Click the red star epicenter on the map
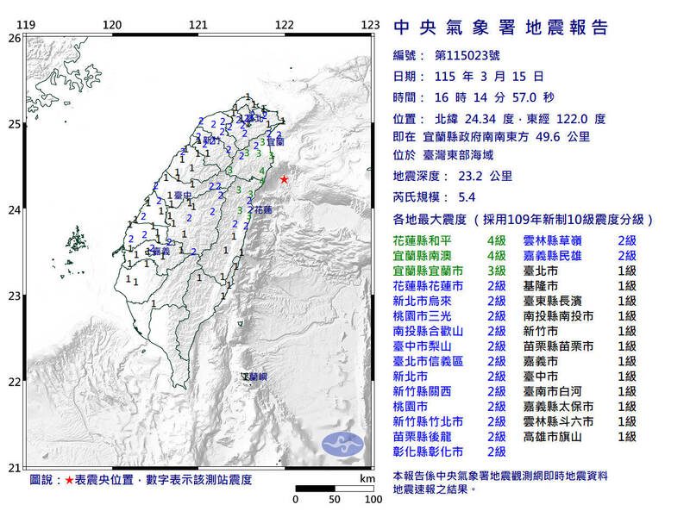point(284,179)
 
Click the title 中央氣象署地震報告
point(500,28)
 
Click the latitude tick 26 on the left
point(14,39)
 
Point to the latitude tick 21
point(14,468)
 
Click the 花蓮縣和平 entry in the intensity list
point(429,240)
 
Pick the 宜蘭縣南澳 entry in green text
point(429,256)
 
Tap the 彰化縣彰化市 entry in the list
point(429,451)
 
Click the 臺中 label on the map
point(182,196)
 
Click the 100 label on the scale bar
point(373,499)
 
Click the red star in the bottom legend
point(70,478)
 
